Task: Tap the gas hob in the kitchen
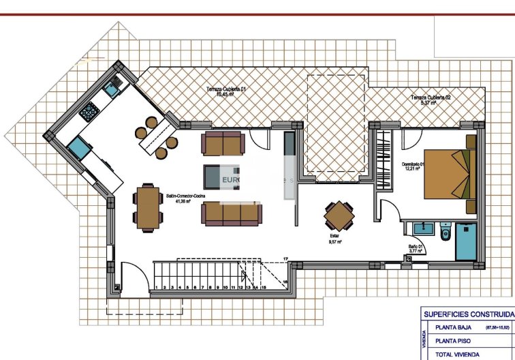pyautogui.click(x=89, y=111)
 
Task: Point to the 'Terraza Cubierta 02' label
pyautogui.click(x=431, y=100)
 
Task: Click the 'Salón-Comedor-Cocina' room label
pyautogui.click(x=186, y=198)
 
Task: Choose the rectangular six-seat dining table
pyautogui.click(x=148, y=207)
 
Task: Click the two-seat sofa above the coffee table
pyautogui.click(x=223, y=144)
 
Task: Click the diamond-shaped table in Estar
pyautogui.click(x=339, y=216)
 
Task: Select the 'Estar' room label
pyautogui.click(x=334, y=237)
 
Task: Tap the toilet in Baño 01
pyautogui.click(x=445, y=232)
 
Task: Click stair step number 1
pyautogui.click(x=158, y=288)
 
